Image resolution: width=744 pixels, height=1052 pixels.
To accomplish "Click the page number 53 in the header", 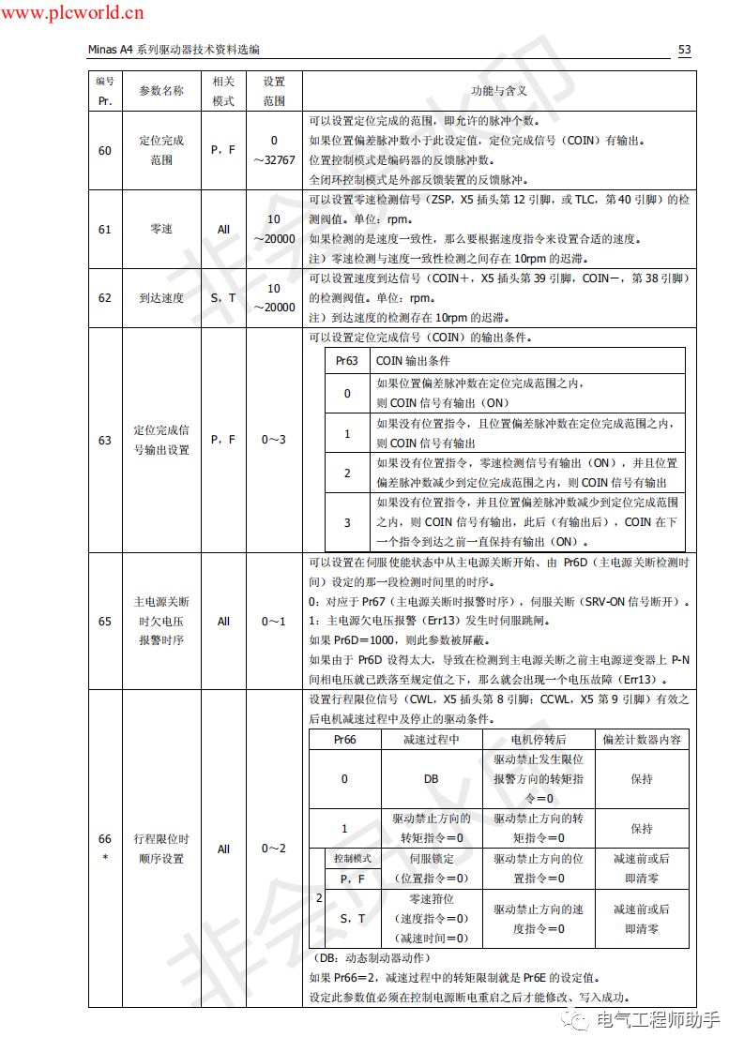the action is pos(684,50).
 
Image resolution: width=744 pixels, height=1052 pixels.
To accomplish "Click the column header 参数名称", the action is pos(161,91).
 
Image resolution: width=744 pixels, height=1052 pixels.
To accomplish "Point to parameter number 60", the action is pos(104,150).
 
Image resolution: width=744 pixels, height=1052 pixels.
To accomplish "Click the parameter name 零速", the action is pos(161,229).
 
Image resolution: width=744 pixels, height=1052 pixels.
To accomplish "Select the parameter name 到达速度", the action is pos(161,298).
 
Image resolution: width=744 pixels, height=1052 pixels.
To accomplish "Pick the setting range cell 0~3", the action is pos(274,439).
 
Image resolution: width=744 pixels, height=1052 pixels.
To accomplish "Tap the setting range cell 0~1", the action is pos(274,621).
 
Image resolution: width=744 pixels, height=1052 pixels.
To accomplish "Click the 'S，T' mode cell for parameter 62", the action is pos(223,298).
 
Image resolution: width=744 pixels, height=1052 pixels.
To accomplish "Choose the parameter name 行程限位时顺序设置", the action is pos(161,849).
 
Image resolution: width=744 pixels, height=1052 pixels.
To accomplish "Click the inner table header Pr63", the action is pos(346,360).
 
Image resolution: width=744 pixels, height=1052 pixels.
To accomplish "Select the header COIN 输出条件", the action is pos(413,360).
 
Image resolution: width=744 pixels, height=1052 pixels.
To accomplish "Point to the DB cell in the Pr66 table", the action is pos(432,778).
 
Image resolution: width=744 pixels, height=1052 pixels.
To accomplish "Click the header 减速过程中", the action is pos(432,739).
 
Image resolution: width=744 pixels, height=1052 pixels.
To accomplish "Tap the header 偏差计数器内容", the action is pos(642,739).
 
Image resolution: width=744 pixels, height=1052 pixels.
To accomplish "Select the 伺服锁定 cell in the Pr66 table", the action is pos(432,858).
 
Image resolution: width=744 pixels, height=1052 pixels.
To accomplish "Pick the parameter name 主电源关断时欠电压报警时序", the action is pos(161,621).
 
